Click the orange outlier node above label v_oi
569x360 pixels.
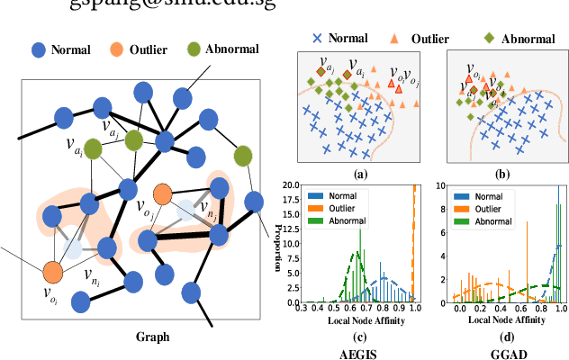coord(52,270)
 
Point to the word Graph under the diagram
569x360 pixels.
coord(152,337)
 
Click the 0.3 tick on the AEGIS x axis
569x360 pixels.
coord(306,307)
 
